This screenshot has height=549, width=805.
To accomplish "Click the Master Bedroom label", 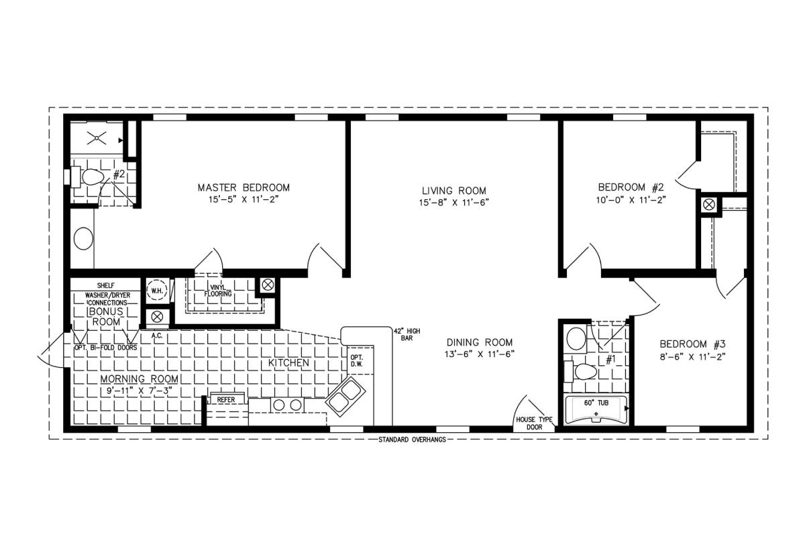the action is pos(244,188).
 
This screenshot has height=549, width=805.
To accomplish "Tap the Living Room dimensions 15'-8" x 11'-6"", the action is pos(454,203).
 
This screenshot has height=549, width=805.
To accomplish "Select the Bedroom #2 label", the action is pos(631,187).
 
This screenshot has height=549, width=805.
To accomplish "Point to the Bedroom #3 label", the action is pos(692,344).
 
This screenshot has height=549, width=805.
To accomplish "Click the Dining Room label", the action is pos(480,342).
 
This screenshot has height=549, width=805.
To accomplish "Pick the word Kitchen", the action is pos(288,363).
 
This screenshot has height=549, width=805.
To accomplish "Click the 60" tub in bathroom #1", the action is pos(596,410).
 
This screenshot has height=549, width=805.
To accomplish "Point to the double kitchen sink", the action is pos(345,397).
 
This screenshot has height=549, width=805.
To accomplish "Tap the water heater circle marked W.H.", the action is pos(157,291).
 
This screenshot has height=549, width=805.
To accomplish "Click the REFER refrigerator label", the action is pos(225,399).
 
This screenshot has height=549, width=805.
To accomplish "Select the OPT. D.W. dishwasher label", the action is pos(357,360).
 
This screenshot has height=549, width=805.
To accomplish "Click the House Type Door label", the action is pos(535,423).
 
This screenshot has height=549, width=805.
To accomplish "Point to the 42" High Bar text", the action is pos(407,334).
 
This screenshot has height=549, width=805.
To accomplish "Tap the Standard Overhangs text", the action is pos(412,440).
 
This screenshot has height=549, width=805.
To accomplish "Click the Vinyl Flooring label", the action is pos(218,291).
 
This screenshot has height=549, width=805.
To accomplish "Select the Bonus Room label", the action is pos(106,317).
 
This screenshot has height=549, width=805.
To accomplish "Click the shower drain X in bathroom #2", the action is pos(97,138).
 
